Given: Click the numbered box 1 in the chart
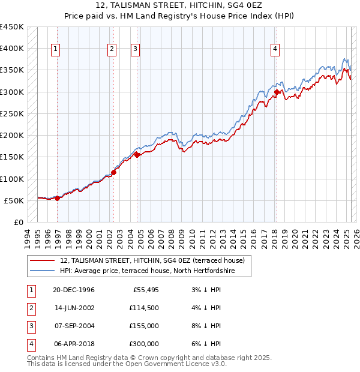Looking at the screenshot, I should tap(55, 50).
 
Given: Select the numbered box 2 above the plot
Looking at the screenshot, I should tap(112, 50).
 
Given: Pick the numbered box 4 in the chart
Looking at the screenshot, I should tap(275, 50).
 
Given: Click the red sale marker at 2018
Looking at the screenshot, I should tap(277, 92).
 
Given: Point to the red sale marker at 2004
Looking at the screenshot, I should tap(137, 155).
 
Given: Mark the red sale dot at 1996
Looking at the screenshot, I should tap(58, 198).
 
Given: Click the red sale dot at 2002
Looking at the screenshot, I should tap(114, 172).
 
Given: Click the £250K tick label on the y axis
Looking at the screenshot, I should tap(11, 113).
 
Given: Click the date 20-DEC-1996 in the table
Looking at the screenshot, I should tap(73, 290).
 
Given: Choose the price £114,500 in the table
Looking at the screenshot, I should tap(143, 308).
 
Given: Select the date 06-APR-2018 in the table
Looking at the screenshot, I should tap(74, 344).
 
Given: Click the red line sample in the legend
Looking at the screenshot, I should tap(41, 261).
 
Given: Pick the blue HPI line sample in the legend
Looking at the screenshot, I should tap(41, 271).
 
